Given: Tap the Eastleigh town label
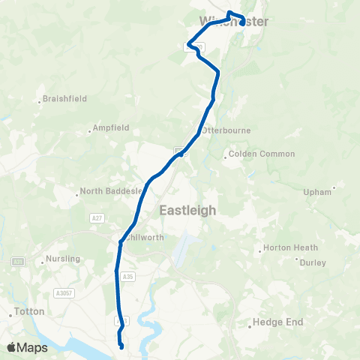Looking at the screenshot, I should coord(187,211).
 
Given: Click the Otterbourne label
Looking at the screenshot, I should coord(226,130).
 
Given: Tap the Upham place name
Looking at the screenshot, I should coord(317,192).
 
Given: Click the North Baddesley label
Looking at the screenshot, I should coord(111,191).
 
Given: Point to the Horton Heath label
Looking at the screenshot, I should coord(285,248).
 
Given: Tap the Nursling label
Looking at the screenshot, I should coord(62,259).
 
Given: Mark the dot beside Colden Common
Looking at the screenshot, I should coord(226,157).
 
